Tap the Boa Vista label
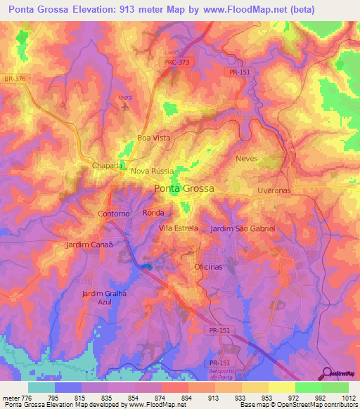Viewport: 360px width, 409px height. point(153,138)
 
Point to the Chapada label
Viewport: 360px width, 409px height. point(108,165)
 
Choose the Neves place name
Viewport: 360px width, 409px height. point(247,159)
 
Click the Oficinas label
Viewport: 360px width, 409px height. point(208,268)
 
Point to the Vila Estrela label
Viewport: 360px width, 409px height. point(179,228)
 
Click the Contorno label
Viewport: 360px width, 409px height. point(114,213)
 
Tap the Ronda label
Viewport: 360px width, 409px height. point(153,212)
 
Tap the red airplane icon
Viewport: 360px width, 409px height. point(125,107)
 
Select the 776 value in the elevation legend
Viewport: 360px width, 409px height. point(29,398)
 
